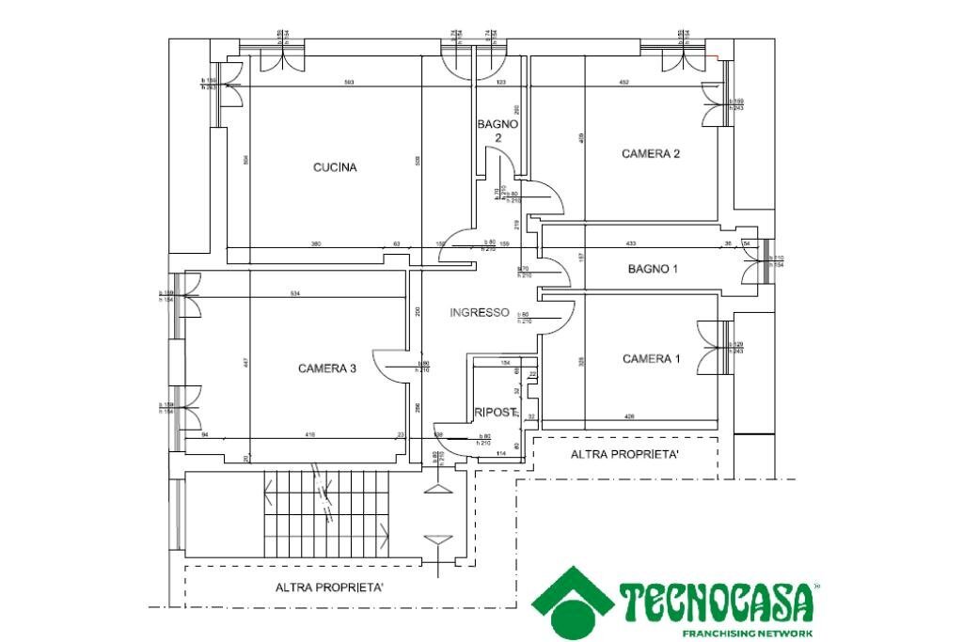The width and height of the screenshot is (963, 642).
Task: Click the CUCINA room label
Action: [x=335, y=168]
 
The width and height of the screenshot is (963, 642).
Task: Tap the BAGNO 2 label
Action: [x=497, y=131]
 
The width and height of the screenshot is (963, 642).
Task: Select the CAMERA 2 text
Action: [x=651, y=154]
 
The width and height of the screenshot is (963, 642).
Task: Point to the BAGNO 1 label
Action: [x=653, y=270]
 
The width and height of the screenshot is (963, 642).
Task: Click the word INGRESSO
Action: [x=479, y=312]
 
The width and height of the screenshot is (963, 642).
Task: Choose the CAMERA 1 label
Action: [x=652, y=359]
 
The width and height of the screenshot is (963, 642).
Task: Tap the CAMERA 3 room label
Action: [x=326, y=368]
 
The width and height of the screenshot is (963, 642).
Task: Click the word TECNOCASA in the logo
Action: [x=715, y=603]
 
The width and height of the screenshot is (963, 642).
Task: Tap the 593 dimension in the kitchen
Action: [x=349, y=84]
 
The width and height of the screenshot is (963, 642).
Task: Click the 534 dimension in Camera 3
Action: [x=294, y=294]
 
